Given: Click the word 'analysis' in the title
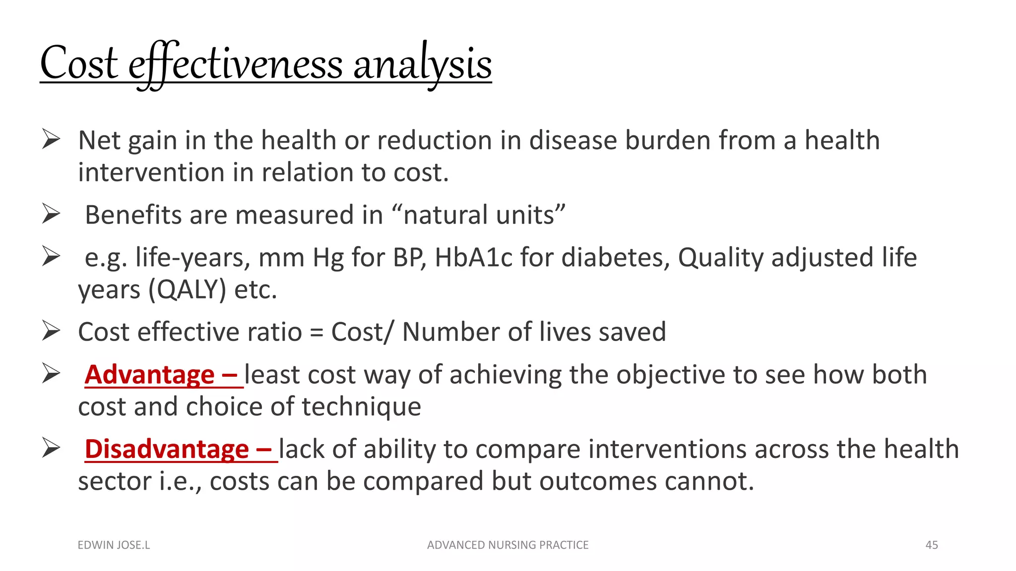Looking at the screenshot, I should coord(422,64).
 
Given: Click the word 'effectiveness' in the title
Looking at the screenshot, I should coord(236,64).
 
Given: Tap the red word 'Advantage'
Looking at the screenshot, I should coord(150,375).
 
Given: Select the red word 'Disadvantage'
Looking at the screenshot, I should coord(167,449).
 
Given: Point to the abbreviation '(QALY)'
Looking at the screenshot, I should coord(188,289).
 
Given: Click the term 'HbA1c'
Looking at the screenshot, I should coord(473,258).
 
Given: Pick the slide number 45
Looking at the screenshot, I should coord(931,545).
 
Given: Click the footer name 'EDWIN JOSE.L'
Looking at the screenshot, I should coord(114,545).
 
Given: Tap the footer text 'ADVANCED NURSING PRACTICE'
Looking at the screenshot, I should coord(508,545).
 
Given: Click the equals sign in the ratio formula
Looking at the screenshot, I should coord(316,333).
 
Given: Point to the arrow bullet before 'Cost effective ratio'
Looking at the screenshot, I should coord(51,331).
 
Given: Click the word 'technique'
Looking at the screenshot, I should coord(361,407).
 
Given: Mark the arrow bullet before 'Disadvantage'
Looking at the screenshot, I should coord(51,448).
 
